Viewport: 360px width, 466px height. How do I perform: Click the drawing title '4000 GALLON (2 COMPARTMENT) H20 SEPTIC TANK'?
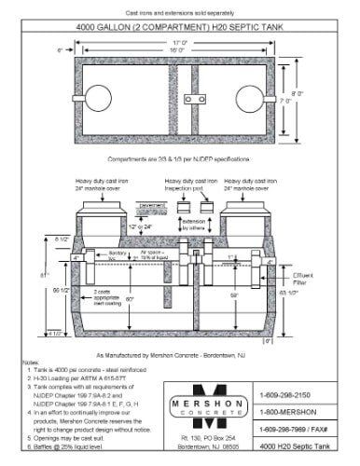click(179, 25)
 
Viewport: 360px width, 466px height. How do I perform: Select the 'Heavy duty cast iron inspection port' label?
click(184, 184)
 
